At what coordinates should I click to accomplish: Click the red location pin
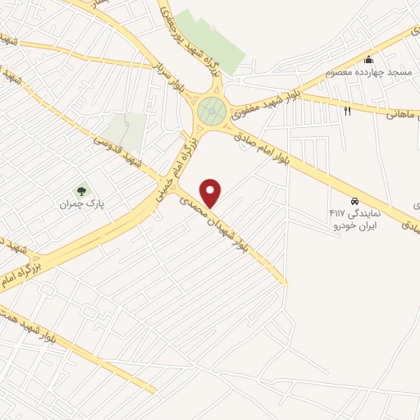coord(212,193)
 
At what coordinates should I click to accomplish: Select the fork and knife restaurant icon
coord(348,111)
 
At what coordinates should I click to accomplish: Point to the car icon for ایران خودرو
coord(354,200)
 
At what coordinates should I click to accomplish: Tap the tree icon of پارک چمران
coord(80,190)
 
